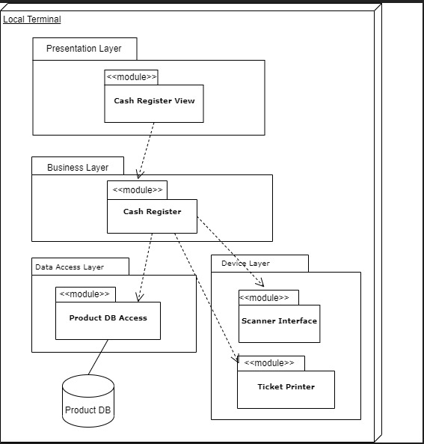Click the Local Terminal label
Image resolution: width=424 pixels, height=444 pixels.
pos(32,19)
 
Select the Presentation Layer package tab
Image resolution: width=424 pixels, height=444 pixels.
pos(85,49)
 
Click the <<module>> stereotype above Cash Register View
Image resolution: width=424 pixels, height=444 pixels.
pos(132,77)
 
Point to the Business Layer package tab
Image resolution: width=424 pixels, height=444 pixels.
pos(78,167)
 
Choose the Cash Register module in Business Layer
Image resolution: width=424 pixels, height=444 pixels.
pos(152,216)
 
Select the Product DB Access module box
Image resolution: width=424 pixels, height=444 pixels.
pos(108,320)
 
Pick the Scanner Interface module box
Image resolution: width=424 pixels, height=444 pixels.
pos(279,323)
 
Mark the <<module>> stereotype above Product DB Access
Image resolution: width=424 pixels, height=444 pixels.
pos(85,294)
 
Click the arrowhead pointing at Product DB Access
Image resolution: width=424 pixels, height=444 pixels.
pos(138,296)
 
